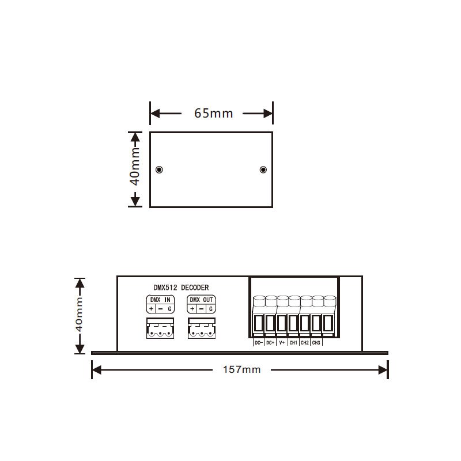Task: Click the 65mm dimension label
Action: coord(213,113)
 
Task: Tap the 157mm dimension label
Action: coord(241,369)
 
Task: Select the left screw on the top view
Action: coord(159,169)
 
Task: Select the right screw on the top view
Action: coord(263,169)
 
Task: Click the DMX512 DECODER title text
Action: coord(181,288)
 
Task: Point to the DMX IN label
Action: coord(160,300)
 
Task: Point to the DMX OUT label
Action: coord(201,300)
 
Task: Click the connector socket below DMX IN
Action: coord(160,328)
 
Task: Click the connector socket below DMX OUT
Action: coord(202,328)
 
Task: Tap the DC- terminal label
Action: coord(259,343)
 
